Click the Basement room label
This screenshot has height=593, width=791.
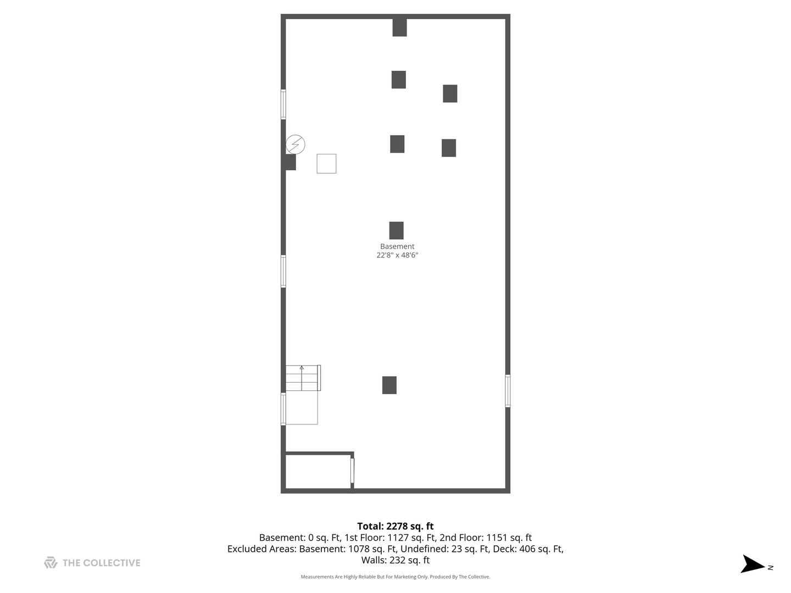[x=397, y=247]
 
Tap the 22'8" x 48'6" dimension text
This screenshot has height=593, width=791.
[x=397, y=255]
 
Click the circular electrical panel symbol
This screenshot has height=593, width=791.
[x=296, y=144]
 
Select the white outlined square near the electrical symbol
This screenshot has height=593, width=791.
[x=326, y=164]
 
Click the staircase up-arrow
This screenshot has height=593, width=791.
[x=302, y=368]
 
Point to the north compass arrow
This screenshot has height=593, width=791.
[x=753, y=564]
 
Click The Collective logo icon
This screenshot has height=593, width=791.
[x=51, y=563]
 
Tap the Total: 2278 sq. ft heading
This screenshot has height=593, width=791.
[x=396, y=526]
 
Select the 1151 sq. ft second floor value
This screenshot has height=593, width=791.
[x=509, y=538]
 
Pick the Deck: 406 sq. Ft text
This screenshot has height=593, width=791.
[x=527, y=549]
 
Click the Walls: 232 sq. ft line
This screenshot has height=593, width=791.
[x=396, y=560]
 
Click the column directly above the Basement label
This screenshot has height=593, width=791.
[x=396, y=231]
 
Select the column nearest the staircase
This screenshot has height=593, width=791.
[x=389, y=385]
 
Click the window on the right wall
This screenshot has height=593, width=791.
[x=508, y=391]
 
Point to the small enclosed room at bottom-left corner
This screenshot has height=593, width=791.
[x=318, y=471]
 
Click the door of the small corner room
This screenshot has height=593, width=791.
[x=352, y=471]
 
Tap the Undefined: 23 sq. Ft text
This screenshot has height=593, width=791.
[x=444, y=549]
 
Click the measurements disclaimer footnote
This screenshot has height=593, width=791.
[x=396, y=577]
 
